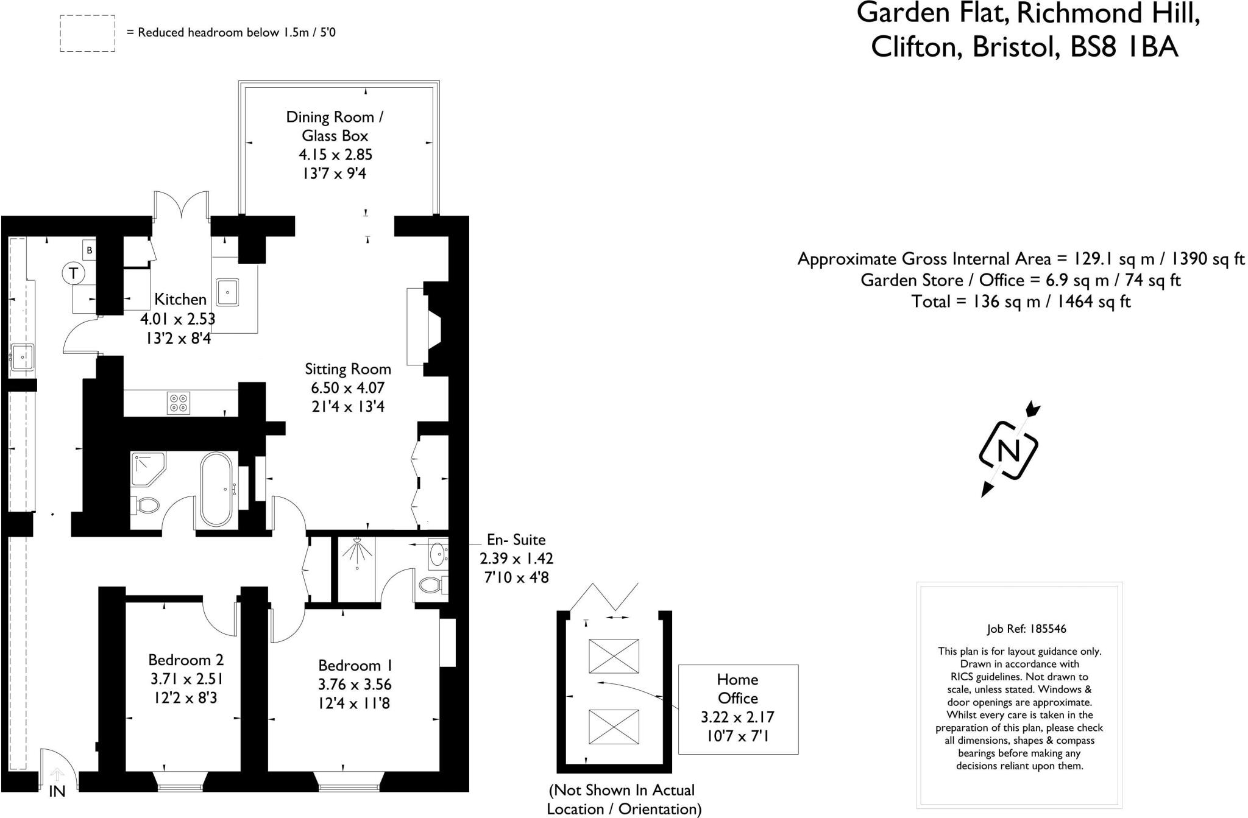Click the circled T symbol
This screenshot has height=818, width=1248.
pyautogui.click(x=74, y=273)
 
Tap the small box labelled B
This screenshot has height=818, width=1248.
pyautogui.click(x=90, y=250)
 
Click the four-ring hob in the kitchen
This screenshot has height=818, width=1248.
pyautogui.click(x=179, y=403)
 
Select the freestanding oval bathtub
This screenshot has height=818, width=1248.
pyautogui.click(x=216, y=489)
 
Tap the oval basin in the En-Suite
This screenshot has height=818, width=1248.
pyautogui.click(x=437, y=554)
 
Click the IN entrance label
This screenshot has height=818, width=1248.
pyautogui.click(x=57, y=791)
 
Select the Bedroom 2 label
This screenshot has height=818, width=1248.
pyautogui.click(x=186, y=660)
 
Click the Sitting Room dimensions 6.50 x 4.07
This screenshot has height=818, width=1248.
pyautogui.click(x=348, y=387)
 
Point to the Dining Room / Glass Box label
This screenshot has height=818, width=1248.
pyautogui.click(x=335, y=126)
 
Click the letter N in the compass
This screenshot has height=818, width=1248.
pyautogui.click(x=1009, y=451)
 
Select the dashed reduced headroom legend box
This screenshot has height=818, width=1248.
pyautogui.click(x=87, y=33)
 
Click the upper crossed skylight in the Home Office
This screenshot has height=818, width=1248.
pyautogui.click(x=614, y=656)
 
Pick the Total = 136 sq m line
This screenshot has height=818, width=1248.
pyautogui.click(x=1021, y=301)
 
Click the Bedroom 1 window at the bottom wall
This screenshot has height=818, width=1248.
pyautogui.click(x=349, y=782)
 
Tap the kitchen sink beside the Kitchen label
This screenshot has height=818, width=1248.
pyautogui.click(x=227, y=292)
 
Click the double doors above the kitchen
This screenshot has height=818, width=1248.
pyautogui.click(x=181, y=205)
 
